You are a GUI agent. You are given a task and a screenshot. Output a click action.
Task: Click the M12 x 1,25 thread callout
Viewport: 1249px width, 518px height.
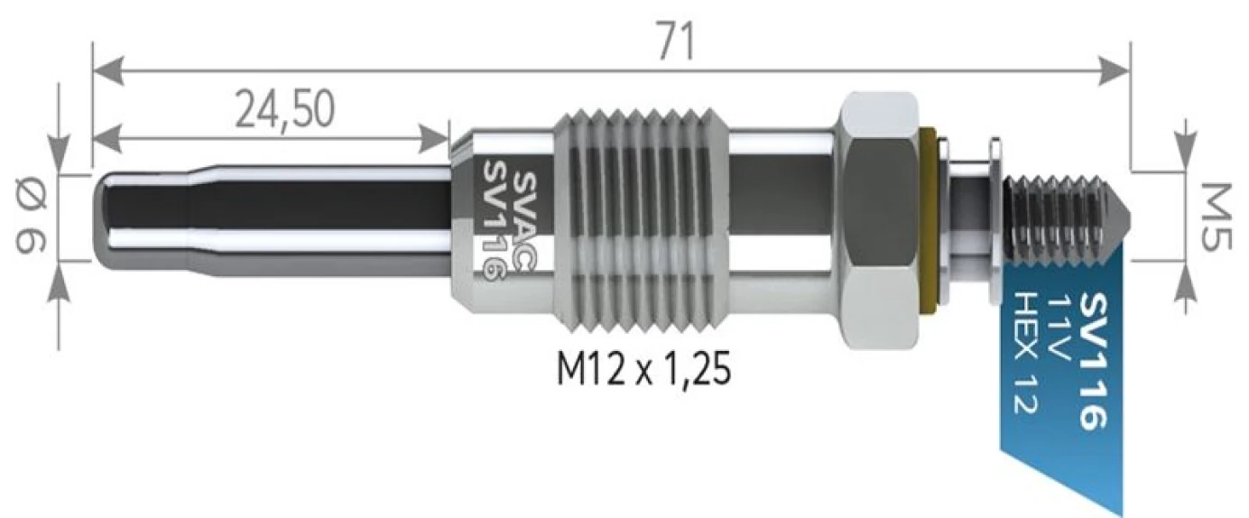click(643, 369)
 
